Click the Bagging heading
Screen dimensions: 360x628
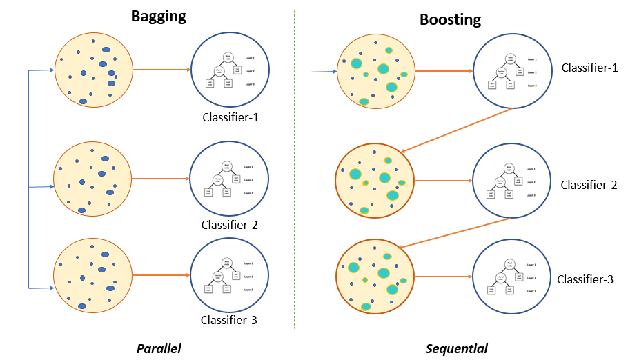(x=159, y=17)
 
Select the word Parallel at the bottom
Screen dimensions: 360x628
(x=158, y=348)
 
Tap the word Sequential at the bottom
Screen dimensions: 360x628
(x=456, y=348)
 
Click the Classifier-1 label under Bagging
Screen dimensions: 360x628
(x=230, y=117)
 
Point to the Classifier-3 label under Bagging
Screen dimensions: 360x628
(x=229, y=319)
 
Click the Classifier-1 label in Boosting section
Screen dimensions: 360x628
(x=589, y=68)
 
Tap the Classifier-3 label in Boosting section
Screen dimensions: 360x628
(x=585, y=279)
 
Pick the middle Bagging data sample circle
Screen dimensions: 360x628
(x=92, y=179)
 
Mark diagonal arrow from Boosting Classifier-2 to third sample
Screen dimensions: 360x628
(x=455, y=232)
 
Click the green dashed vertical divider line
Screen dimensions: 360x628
(x=295, y=172)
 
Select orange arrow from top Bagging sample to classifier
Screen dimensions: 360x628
(x=161, y=70)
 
